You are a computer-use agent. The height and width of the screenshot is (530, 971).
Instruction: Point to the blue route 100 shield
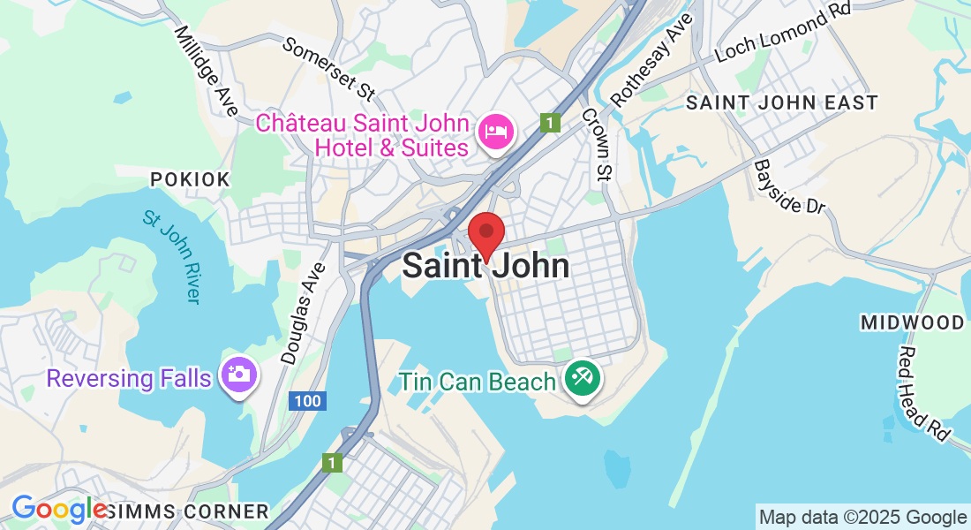tap(307, 401)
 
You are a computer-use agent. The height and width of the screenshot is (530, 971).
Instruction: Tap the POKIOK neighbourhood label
tap(190, 180)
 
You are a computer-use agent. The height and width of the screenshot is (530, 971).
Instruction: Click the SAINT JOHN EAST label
tap(782, 102)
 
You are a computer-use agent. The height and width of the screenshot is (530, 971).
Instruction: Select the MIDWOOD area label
tap(913, 323)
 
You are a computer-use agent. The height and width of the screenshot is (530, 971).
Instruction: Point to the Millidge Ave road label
tap(206, 70)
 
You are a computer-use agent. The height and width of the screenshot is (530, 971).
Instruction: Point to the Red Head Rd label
tap(923, 393)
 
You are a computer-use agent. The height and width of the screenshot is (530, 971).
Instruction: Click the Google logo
tap(58, 510)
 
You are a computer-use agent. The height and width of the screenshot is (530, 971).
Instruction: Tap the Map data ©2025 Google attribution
tap(863, 517)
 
